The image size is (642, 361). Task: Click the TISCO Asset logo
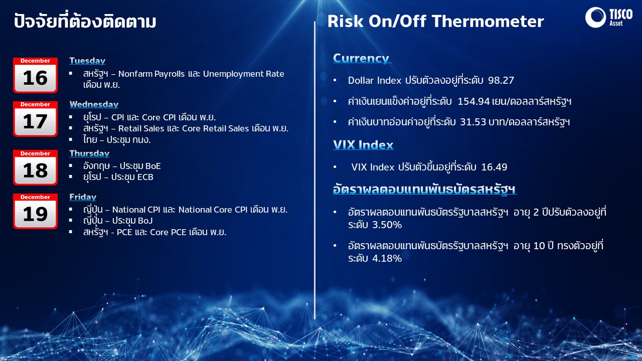coord(609,17)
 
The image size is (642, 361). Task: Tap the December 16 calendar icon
coord(35,75)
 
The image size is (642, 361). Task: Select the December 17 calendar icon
coord(35,119)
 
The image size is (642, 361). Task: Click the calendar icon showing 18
coord(35,167)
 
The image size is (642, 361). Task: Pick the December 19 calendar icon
coord(35,211)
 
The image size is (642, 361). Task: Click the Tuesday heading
coord(87,61)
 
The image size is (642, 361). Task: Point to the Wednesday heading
coord(94,104)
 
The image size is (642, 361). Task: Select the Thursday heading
coord(89,153)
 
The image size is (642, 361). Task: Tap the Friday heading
coord(83,197)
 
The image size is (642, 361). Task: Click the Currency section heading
coord(362,58)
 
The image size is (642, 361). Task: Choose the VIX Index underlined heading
coord(363,145)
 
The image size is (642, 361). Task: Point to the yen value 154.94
coord(473,101)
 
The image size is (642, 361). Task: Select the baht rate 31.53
coord(473,122)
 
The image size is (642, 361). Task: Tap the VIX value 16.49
coord(494,167)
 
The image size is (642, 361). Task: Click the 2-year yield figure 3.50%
coord(387,225)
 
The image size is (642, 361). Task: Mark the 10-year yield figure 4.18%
coord(387,258)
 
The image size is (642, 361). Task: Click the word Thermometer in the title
coord(488,22)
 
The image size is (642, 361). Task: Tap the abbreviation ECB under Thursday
coord(145,177)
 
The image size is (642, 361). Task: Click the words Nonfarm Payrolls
coord(151,74)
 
